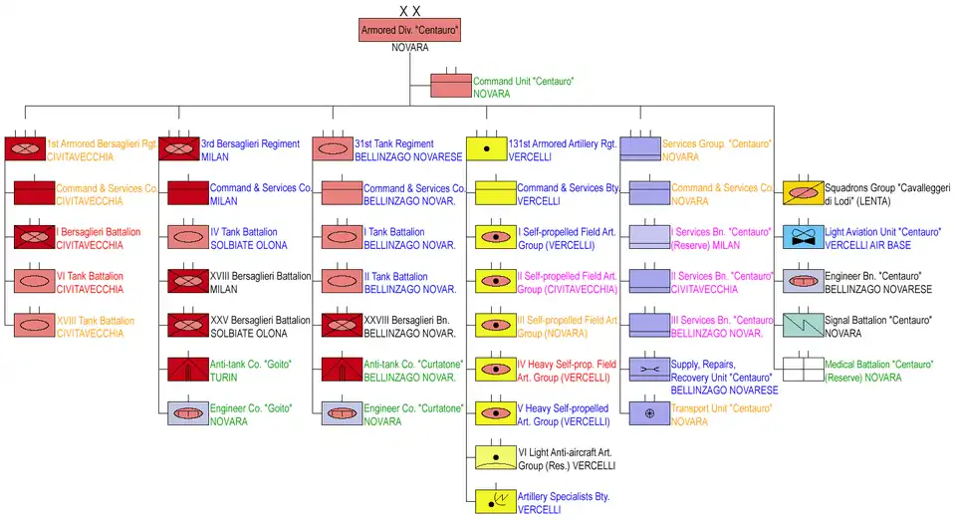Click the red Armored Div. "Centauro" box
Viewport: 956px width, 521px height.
409,30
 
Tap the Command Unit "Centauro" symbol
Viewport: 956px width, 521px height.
450,86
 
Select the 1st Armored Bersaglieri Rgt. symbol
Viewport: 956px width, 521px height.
24,149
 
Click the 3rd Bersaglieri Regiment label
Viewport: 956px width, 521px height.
250,144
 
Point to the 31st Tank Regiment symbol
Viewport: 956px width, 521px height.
332,149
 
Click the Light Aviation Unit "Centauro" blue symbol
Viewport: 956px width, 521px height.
803,238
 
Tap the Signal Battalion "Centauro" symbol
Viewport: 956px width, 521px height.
803,325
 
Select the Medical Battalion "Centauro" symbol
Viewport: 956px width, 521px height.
803,370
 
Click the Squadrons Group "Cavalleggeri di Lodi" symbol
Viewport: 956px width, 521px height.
803,192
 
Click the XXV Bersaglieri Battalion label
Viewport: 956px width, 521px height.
259,320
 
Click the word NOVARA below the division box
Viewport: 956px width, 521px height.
409,48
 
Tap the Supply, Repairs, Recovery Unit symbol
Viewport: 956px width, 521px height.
649,370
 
